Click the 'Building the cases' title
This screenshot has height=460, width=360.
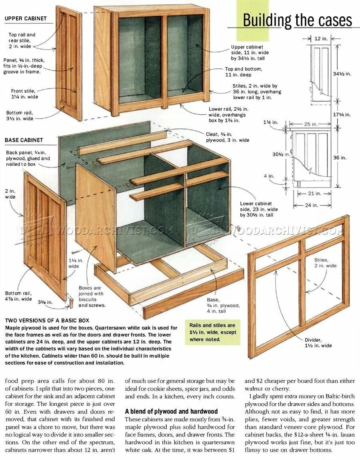coord(297,20)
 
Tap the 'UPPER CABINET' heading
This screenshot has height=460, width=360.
coord(26,18)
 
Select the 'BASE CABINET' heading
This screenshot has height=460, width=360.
coord(24,140)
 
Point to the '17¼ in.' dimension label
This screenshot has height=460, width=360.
coord(342,114)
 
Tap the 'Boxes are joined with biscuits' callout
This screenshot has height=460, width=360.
coord(92,296)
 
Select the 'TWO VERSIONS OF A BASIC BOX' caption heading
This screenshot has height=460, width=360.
coord(47,321)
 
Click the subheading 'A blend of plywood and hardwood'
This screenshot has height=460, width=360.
coord(171,411)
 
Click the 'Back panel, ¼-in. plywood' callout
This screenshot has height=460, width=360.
coord(28,158)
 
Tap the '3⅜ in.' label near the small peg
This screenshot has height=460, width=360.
coord(45,302)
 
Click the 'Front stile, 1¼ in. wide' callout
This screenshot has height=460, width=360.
coord(24,94)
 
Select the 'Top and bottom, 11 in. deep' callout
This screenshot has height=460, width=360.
coord(244,72)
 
